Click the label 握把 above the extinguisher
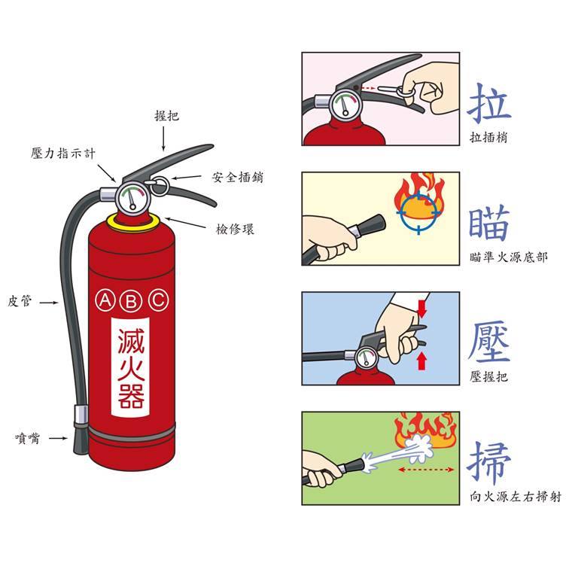pos(166,116)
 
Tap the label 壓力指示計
pos(63,154)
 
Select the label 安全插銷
pos(238,178)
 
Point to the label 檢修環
pos(235,230)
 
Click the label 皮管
pos(20,301)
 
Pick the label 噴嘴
pos(28,438)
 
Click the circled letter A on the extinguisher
pos(105,300)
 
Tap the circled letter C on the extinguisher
pos(159,300)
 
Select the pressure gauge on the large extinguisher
pos(132,199)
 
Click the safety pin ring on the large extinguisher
pos(160,185)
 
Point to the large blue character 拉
pos(488,103)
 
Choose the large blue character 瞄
pos(488,223)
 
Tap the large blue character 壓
pos(488,342)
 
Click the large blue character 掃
pos(488,463)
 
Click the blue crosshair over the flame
pos(418,211)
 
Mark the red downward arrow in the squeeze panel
pos(421,308)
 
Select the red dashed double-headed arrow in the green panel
pos(426,470)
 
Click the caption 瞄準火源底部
pos(508,257)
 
